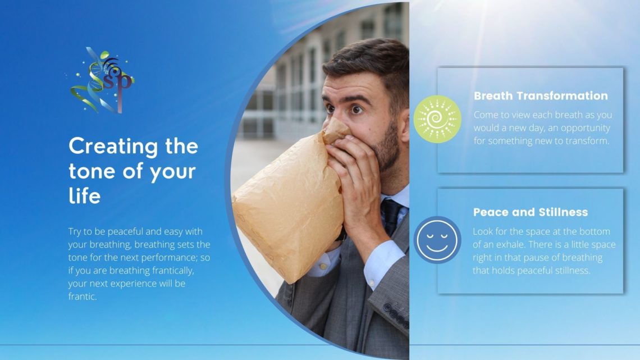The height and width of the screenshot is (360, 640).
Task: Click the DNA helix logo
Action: click(x=101, y=80)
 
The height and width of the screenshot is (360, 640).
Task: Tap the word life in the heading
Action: click(x=84, y=196)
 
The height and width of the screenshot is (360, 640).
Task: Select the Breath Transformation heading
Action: click(x=541, y=96)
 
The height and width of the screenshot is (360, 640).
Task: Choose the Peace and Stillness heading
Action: click(x=531, y=212)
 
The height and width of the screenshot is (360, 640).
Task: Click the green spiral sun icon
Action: click(x=437, y=119)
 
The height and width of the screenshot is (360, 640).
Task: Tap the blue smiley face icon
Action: click(x=437, y=240)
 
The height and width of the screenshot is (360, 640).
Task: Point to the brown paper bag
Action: click(x=290, y=200)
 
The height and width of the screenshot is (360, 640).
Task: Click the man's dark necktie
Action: click(x=391, y=216)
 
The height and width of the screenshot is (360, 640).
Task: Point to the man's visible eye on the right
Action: click(x=356, y=110)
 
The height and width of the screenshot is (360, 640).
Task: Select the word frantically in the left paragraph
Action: click(x=173, y=271)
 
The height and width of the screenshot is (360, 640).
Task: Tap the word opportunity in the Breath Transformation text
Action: click(x=586, y=128)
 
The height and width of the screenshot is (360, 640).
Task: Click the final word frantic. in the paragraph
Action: click(x=83, y=297)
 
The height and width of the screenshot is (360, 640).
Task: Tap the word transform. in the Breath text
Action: click(x=588, y=141)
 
